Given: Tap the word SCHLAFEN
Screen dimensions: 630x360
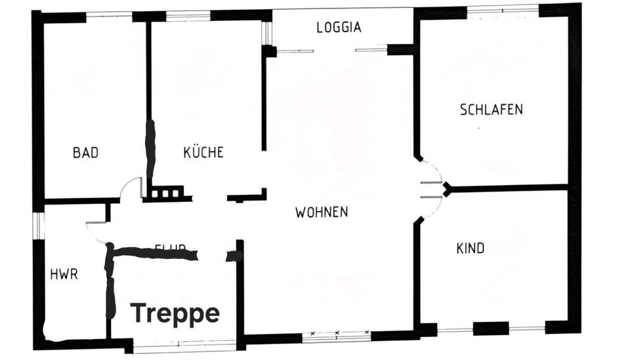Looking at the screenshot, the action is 492,110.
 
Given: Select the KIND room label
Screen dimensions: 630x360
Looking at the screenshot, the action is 471,248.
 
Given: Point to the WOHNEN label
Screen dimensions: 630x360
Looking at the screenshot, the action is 322,212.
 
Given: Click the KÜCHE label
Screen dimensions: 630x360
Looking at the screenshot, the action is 203,152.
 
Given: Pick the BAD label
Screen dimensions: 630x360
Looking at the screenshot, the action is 86,153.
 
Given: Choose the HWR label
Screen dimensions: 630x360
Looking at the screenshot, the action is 64,274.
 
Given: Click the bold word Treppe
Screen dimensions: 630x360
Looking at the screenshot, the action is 175,313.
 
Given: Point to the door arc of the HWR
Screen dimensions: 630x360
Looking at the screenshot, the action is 96,231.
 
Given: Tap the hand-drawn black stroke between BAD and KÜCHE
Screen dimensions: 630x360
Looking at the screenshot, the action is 150,148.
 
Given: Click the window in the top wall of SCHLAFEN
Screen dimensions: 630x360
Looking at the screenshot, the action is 502,9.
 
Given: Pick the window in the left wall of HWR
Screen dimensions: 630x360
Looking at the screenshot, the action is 38,225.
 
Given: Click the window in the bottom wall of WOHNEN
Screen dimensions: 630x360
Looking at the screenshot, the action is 337,336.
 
